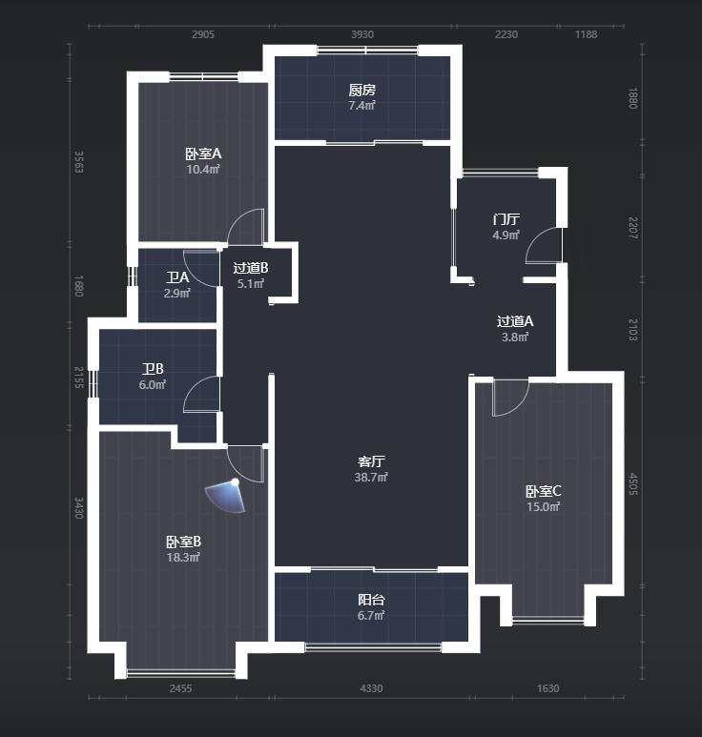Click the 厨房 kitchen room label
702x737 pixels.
point(362,90)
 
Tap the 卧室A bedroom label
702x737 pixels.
point(203,154)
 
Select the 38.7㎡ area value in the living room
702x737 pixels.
point(371,477)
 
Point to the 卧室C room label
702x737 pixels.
point(543,491)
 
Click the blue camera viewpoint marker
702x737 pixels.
point(227,496)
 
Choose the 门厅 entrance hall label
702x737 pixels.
point(506,219)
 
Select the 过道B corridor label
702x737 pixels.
point(251,268)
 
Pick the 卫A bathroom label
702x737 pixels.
point(177,277)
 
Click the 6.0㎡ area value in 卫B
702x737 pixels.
point(153,384)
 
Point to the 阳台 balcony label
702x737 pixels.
point(371,600)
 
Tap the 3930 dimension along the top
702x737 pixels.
point(362,34)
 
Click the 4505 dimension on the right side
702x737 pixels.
point(633,483)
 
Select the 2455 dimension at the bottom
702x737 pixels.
point(180,688)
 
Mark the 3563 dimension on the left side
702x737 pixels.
point(79,162)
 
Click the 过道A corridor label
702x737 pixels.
point(515,321)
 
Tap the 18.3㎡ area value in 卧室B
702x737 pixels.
point(183,558)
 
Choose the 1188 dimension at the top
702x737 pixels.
point(586,34)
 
